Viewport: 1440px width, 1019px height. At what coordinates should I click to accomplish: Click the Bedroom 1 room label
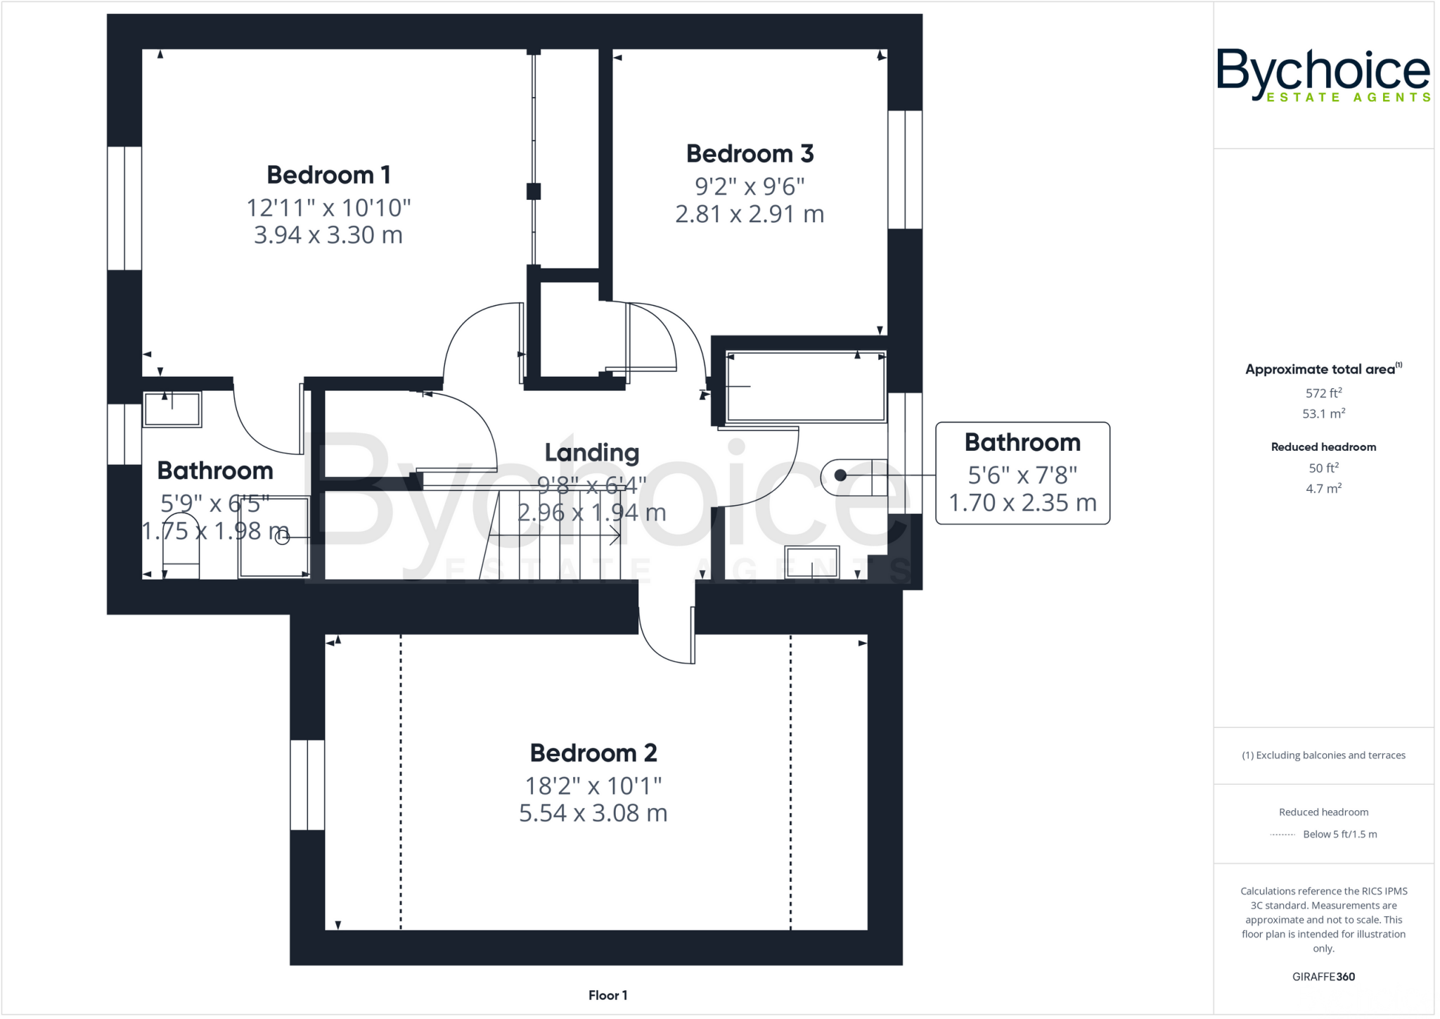coord(328,175)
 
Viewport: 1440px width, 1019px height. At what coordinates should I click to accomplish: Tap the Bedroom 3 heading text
coord(750,154)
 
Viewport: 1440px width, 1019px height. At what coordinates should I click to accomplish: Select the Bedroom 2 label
coord(593,753)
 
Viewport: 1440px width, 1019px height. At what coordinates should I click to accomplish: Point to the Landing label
coord(591,453)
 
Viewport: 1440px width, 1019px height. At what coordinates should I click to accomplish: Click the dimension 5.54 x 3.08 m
coord(593,814)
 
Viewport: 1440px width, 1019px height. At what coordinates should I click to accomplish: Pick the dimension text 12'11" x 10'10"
coord(328,208)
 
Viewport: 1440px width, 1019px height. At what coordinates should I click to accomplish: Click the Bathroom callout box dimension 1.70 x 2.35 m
coord(1022,503)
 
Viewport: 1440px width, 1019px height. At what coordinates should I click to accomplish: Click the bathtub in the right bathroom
coord(805,386)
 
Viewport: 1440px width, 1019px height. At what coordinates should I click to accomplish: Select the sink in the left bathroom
coord(172,409)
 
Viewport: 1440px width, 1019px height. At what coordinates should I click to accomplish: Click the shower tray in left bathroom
coord(274,537)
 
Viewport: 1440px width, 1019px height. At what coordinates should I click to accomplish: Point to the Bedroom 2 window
coord(307,785)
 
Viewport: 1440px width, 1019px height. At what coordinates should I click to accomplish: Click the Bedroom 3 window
coord(904,169)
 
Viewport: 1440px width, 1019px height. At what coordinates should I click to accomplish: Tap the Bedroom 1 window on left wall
coord(124,208)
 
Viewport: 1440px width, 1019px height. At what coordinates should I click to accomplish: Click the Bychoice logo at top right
coord(1323,75)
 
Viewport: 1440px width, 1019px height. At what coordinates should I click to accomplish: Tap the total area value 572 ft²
coord(1323,394)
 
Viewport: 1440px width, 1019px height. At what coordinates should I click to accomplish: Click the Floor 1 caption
coord(607,995)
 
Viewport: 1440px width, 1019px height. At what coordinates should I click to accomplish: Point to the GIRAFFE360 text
coord(1323,977)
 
